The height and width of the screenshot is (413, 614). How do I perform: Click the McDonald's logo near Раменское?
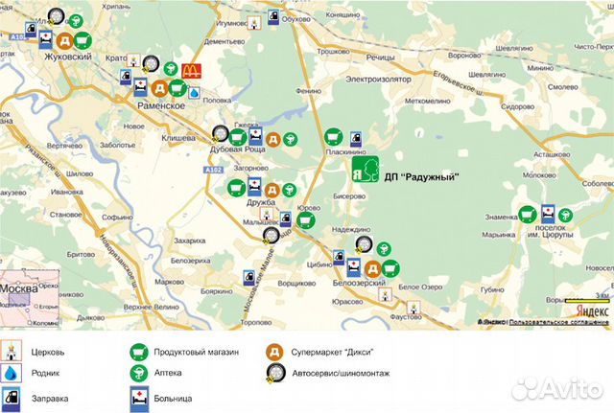click(x=189, y=70)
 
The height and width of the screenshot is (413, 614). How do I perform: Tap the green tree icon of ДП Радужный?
click(x=363, y=172)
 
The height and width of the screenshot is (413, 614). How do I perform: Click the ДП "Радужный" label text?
click(x=421, y=176)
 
